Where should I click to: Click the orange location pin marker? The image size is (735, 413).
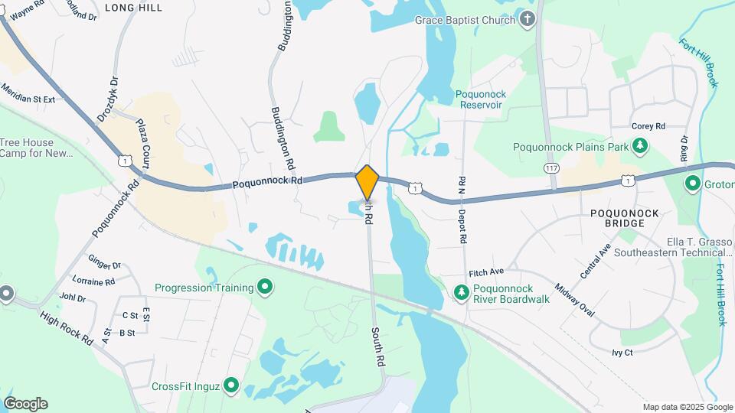point(367,182)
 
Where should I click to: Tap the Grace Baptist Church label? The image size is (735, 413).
point(465,20)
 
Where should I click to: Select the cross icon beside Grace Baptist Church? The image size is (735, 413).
point(527,20)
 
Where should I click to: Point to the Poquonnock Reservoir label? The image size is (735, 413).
point(481,99)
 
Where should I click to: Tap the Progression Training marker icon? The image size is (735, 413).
point(265,288)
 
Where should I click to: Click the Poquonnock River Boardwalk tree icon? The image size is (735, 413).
point(461,293)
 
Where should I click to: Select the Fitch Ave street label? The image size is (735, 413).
point(486,272)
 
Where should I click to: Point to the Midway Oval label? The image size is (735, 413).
point(574,298)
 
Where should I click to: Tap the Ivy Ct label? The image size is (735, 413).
point(622,353)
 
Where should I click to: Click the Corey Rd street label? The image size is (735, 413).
point(648,126)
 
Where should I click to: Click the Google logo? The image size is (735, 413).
point(25,404)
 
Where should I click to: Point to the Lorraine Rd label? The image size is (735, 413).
point(93,281)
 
